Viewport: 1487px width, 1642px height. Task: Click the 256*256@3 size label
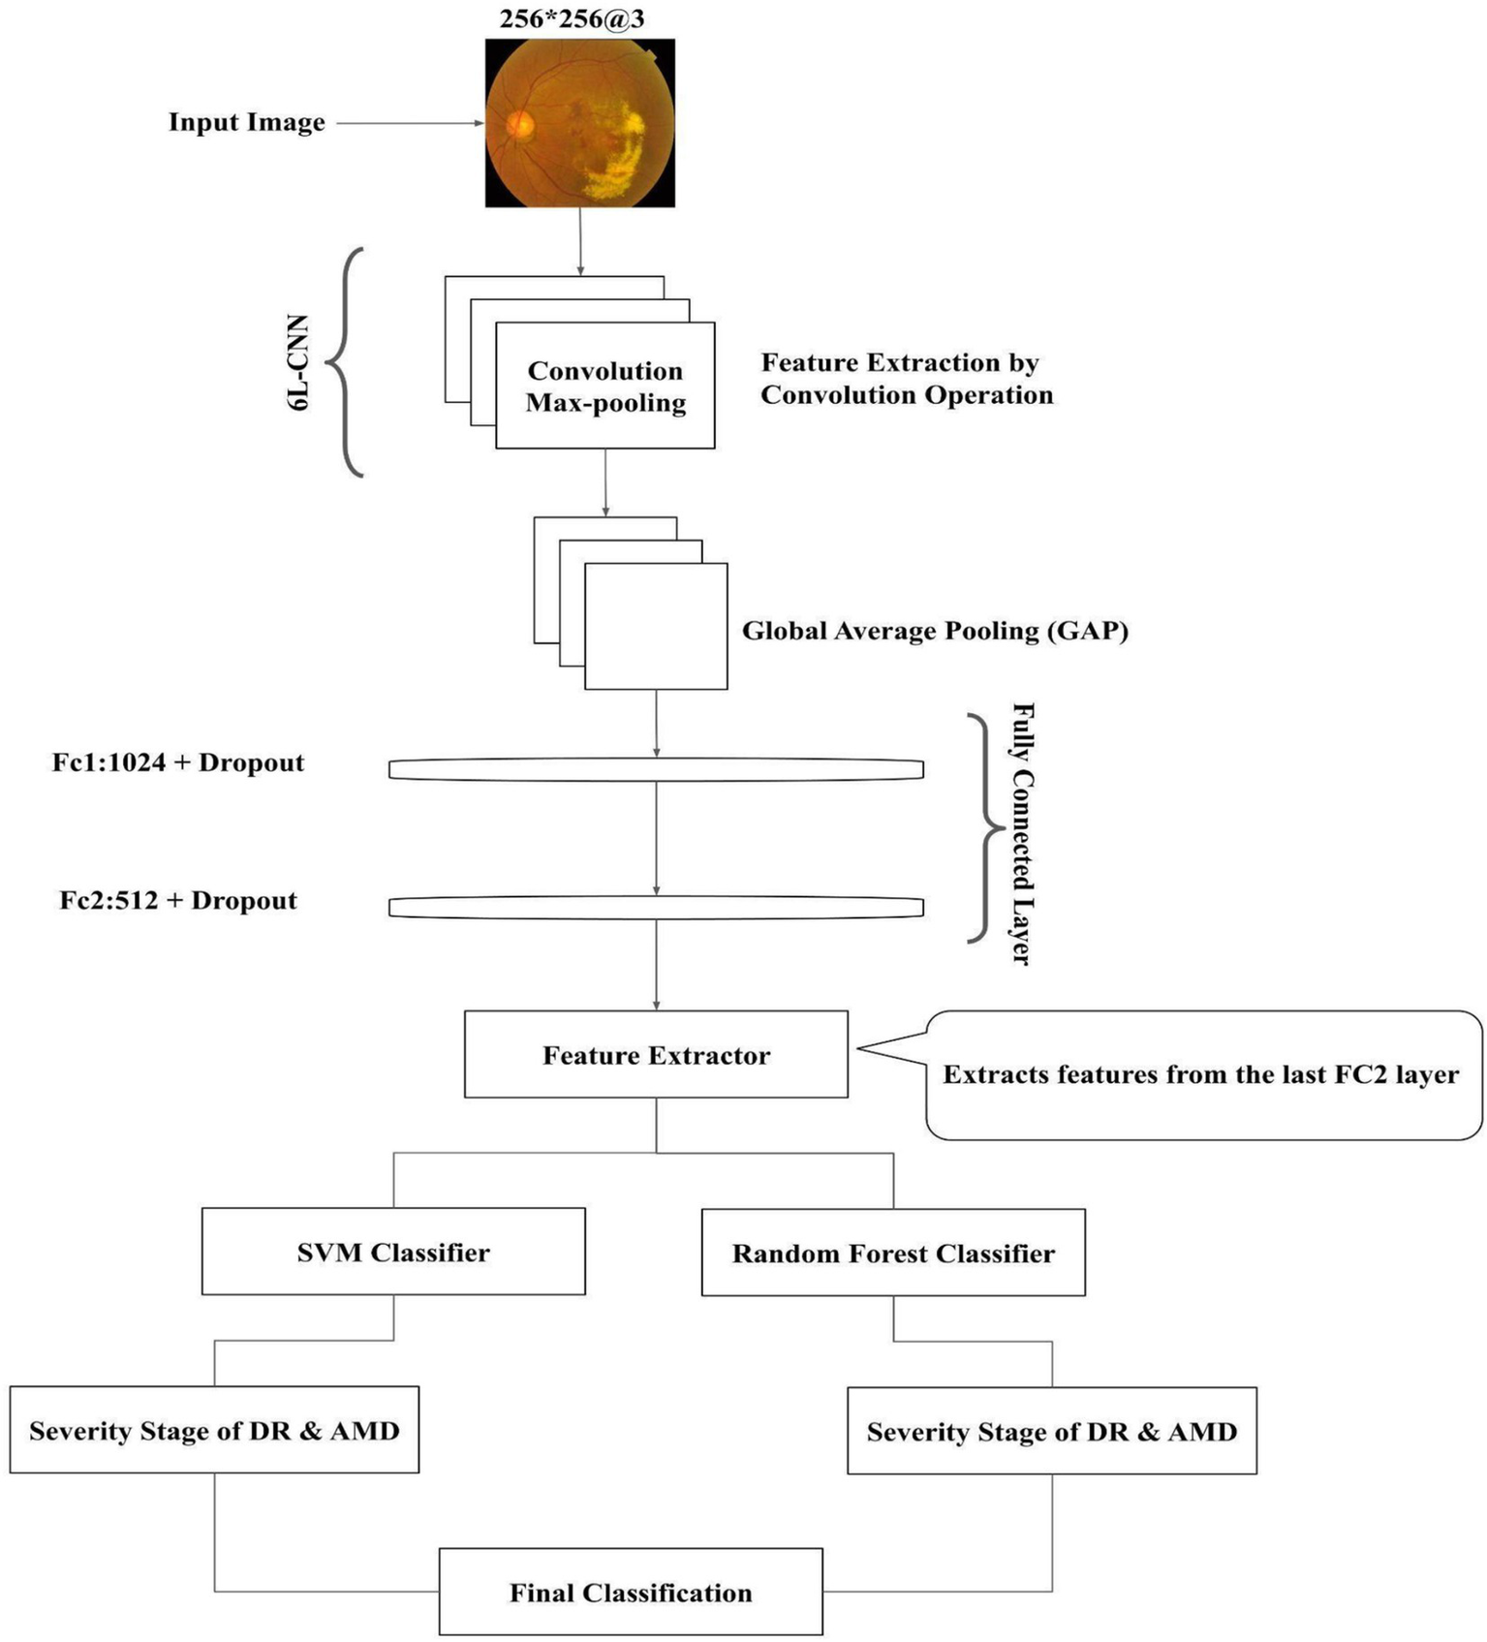click(572, 19)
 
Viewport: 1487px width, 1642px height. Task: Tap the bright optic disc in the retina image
click(521, 124)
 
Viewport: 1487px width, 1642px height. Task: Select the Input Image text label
click(246, 123)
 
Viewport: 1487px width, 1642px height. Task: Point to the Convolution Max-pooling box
click(605, 387)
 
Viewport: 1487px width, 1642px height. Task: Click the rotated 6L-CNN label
click(299, 362)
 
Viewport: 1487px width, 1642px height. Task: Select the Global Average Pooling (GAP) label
click(935, 632)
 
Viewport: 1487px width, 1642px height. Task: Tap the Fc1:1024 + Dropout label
click(178, 763)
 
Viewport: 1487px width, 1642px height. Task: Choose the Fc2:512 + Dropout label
click(178, 901)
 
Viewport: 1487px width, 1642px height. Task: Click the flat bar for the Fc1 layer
click(656, 770)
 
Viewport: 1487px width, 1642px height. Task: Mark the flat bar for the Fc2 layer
click(656, 908)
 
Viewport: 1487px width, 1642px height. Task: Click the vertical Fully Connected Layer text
click(1021, 833)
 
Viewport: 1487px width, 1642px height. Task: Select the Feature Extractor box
click(656, 1055)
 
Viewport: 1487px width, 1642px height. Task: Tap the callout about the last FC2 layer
click(1201, 1075)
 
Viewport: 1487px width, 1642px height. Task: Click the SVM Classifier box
click(393, 1252)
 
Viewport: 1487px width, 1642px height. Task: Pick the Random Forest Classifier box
click(893, 1253)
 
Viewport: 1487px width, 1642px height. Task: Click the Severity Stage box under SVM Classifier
click(214, 1431)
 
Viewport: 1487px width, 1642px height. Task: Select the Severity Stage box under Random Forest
click(1052, 1432)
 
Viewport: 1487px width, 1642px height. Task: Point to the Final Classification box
click(631, 1593)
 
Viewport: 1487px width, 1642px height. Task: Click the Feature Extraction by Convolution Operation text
click(906, 379)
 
